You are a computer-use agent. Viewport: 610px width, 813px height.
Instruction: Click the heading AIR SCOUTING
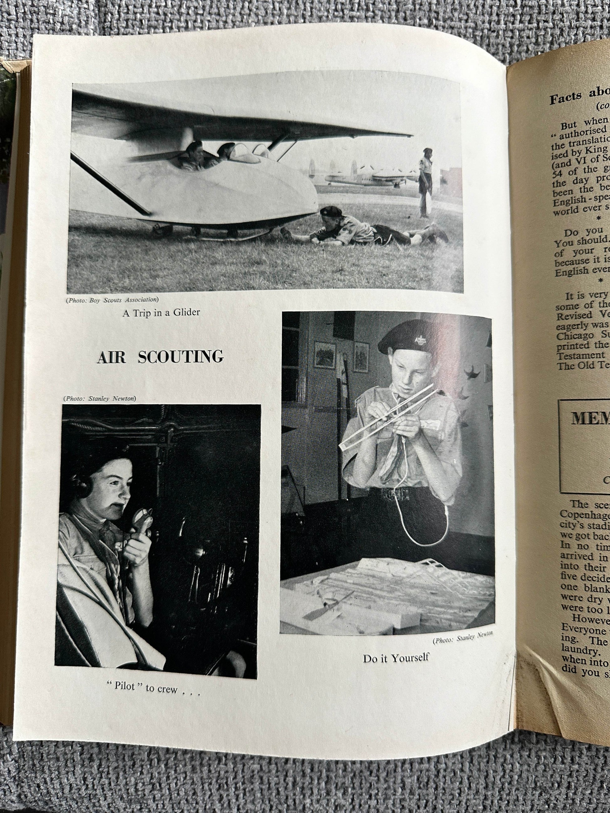pyautogui.click(x=160, y=357)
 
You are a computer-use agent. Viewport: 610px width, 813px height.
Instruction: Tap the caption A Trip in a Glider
pyautogui.click(x=161, y=313)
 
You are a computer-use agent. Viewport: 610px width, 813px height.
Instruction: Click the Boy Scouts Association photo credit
pyautogui.click(x=113, y=300)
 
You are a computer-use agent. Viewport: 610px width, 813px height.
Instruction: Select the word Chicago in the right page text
pyautogui.click(x=574, y=335)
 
